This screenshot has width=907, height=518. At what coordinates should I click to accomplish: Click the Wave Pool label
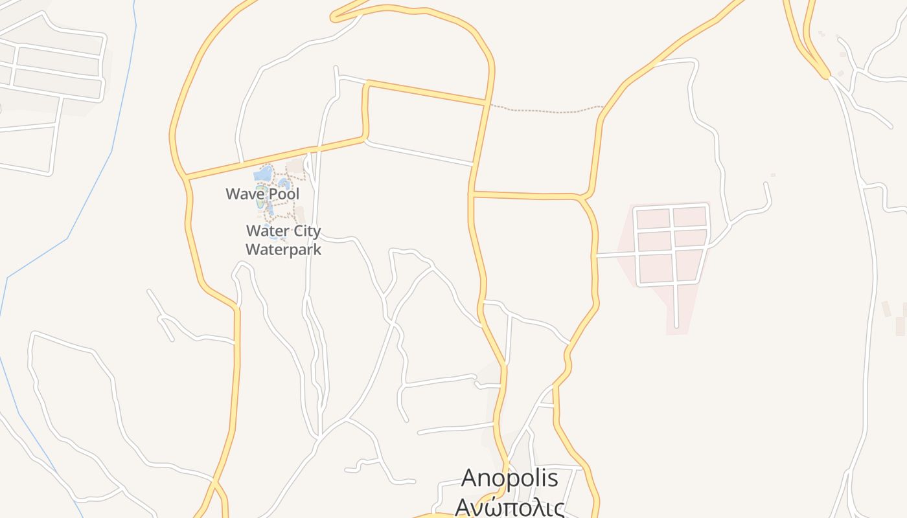(x=262, y=194)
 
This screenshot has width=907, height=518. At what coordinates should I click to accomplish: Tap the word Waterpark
(x=283, y=249)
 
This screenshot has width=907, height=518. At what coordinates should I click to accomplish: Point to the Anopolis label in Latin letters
(x=509, y=479)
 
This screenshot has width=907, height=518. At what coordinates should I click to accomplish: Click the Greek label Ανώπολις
(x=509, y=506)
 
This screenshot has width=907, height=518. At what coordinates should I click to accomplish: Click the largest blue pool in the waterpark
(x=263, y=174)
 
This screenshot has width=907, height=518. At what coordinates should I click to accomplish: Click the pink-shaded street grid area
(x=671, y=246)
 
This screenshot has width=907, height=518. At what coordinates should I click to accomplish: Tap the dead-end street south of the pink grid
(x=676, y=308)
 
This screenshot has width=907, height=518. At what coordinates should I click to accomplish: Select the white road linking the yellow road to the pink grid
(x=615, y=255)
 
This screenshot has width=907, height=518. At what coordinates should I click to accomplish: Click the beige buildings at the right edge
(x=897, y=321)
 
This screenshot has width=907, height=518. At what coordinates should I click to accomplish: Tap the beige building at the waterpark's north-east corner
(x=297, y=166)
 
